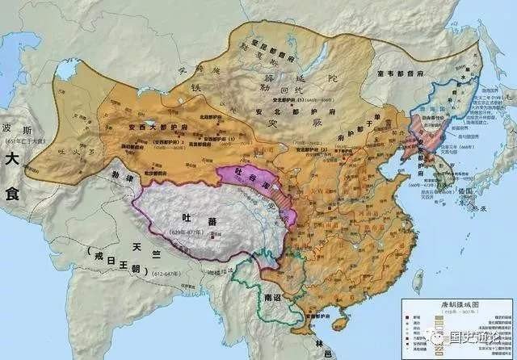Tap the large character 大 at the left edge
(x=17, y=159)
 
